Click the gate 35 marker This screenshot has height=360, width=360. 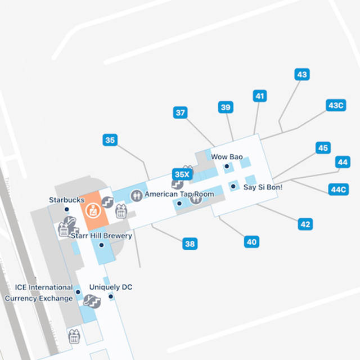[110, 140]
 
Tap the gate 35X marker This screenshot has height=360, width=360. [182, 174]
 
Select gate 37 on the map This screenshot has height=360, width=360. [180, 112]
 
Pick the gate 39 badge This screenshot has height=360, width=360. [226, 107]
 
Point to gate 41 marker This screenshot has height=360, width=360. [259, 96]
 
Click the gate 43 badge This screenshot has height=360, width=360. [302, 74]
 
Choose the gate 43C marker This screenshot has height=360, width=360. [336, 105]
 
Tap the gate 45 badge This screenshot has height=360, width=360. [322, 148]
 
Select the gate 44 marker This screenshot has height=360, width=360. [343, 162]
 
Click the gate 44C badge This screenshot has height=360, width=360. [339, 189]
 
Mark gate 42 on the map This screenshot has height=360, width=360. [305, 224]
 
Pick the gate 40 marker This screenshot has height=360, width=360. [251, 242]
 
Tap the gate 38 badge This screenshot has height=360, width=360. [190, 244]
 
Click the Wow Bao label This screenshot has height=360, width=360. [227, 157]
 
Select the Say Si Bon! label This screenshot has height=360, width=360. [263, 187]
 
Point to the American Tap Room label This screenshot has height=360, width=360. [179, 194]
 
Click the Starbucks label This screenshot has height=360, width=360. [66, 200]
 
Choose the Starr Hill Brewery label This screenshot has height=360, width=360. [101, 236]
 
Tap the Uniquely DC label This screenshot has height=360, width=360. [111, 287]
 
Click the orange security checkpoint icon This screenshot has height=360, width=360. [90, 211]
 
